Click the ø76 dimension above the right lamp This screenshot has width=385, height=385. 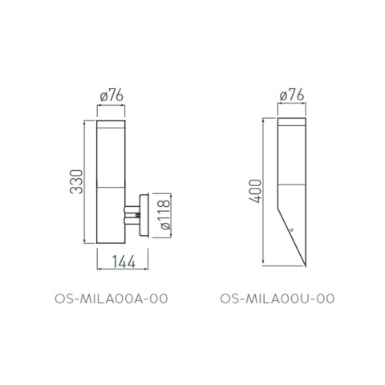click(291, 98)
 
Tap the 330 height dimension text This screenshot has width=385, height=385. click(74, 184)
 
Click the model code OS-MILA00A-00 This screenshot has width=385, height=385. click(111, 298)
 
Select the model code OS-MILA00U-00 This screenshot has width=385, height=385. click(277, 298)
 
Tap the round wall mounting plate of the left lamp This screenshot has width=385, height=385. click(143, 215)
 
